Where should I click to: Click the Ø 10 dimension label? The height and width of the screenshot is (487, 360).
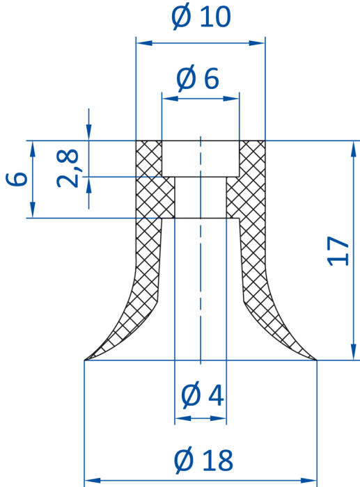coord(201,17)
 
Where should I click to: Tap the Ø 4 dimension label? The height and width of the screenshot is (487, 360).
coord(202,395)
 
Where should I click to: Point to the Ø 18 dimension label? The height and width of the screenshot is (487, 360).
coord(203,460)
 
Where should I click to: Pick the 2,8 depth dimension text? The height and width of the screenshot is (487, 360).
coord(68,168)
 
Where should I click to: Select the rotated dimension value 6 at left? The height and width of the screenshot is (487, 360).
coord(17,179)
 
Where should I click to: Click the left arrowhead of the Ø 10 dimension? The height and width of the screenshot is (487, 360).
coord(144,43)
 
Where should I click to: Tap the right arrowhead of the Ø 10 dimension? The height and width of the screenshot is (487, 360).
coord(257,43)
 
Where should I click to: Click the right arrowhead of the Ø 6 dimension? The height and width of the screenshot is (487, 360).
coord(231,99)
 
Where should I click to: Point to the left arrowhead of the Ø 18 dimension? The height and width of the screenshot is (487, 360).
coord(93,481)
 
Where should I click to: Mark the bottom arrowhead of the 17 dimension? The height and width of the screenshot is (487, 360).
coord(353,352)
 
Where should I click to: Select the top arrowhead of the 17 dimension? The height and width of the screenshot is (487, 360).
coord(353,149)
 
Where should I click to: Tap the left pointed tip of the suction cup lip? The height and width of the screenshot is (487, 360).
coord(84,360)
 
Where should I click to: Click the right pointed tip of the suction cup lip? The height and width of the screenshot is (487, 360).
coord(316,360)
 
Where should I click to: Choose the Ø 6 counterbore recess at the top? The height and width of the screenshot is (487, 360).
coord(201,159)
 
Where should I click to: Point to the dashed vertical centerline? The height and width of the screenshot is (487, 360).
coord(201,250)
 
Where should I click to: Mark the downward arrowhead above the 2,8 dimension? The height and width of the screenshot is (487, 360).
coord(89,131)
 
